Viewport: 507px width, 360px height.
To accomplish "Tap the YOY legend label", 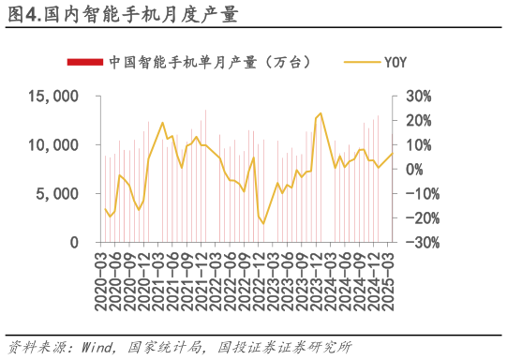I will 395,63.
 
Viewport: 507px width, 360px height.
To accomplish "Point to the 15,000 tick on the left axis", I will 54,97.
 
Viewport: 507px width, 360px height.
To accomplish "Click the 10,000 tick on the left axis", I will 54,145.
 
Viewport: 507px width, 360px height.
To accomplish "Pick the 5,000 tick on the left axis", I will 59,194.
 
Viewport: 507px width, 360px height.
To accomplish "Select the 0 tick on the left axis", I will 76,243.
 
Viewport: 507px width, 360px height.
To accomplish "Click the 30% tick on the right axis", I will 418,97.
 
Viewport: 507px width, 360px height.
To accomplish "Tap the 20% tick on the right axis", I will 418,121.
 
